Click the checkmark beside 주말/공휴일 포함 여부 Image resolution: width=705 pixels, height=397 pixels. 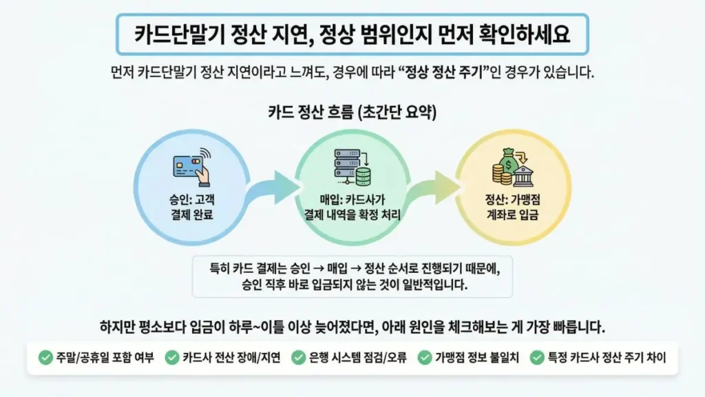45,358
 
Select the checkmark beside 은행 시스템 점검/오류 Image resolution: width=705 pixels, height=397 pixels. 299,358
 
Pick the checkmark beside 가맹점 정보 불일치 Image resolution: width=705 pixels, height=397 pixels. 425,358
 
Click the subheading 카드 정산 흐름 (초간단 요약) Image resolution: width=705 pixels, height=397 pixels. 352,112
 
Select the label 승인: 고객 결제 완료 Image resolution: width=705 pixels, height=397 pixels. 189,209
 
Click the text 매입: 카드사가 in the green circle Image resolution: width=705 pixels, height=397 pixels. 352,202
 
